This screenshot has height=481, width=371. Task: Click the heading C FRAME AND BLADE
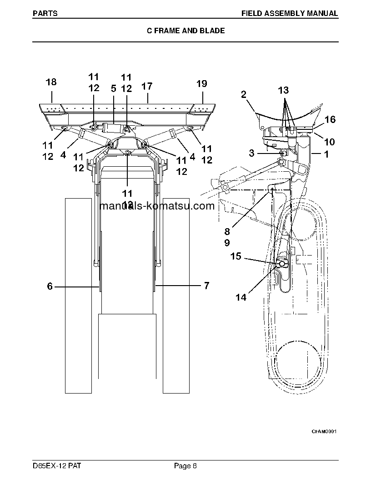click(x=186, y=31)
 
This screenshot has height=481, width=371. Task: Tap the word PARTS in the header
click(x=45, y=14)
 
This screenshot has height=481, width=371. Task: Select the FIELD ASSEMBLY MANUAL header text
click(x=290, y=14)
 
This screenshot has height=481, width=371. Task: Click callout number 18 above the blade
click(x=51, y=82)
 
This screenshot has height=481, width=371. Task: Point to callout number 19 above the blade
click(x=202, y=83)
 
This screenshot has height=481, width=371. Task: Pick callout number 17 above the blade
click(x=147, y=86)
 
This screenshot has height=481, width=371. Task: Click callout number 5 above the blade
click(x=114, y=89)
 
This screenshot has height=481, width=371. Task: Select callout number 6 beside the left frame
click(x=50, y=286)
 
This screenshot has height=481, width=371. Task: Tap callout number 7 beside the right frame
click(x=206, y=286)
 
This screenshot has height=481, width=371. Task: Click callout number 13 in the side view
click(x=283, y=90)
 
